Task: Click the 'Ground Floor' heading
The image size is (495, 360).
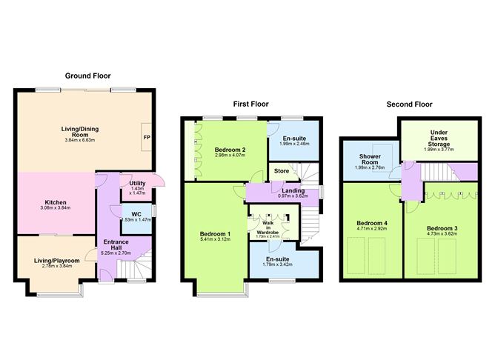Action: (x=88, y=76)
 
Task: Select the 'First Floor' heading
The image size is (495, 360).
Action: (x=250, y=104)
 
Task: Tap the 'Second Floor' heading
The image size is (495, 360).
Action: (x=409, y=104)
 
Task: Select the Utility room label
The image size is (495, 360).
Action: (x=137, y=183)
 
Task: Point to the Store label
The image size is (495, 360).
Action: (x=282, y=173)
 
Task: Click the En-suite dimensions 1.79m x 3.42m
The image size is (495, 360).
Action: (x=282, y=264)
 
